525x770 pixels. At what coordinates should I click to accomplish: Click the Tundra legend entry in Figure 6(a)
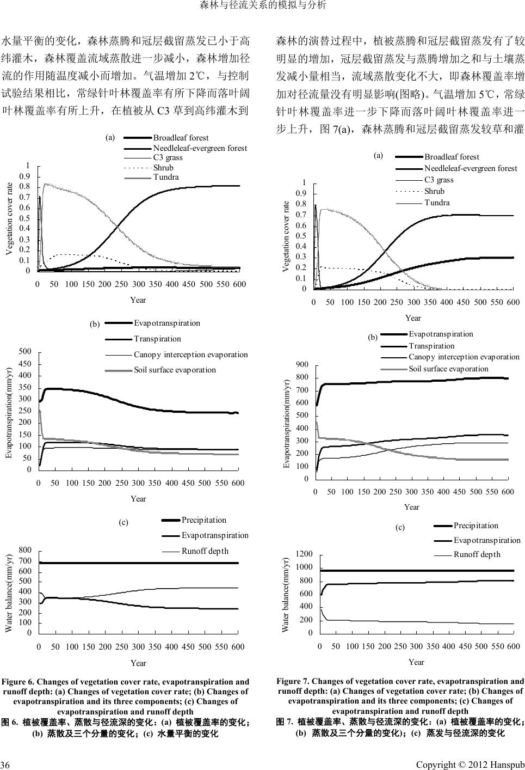point(166,177)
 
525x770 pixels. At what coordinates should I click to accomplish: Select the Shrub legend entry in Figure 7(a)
point(434,191)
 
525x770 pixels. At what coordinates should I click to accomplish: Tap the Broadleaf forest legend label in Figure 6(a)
point(181,138)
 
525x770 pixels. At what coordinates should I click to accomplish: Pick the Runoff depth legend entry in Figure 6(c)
point(205,551)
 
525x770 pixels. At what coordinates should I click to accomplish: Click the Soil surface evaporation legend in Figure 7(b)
point(448,369)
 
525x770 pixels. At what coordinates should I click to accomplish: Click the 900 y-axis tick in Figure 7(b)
point(302,364)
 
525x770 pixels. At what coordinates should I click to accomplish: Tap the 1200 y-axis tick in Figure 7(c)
point(304,554)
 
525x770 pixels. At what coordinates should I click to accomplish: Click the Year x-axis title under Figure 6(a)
point(138,300)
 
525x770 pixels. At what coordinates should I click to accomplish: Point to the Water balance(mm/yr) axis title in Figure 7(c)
point(285,594)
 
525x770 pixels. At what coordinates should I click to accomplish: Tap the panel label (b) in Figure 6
point(95,324)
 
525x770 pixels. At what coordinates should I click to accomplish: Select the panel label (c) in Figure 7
point(400,527)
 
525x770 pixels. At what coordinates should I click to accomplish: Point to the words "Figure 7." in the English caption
point(293,681)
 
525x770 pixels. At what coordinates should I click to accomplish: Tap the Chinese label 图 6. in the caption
point(11,723)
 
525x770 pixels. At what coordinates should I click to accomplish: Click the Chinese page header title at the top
point(263,6)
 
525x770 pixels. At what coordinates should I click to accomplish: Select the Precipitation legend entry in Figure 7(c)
point(475,525)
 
